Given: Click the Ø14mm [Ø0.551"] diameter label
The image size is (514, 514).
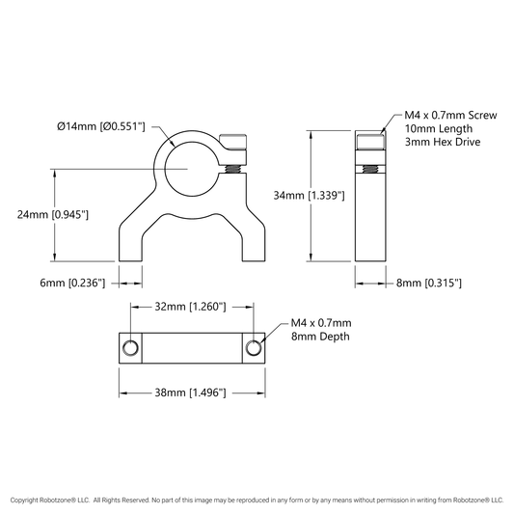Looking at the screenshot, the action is (x=101, y=126).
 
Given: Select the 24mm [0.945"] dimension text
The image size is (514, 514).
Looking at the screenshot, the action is (x=53, y=215).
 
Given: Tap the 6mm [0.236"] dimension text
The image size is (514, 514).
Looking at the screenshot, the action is (x=72, y=283).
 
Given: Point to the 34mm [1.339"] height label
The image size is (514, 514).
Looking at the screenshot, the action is (x=310, y=196).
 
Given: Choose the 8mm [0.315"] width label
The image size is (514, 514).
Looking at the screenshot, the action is (x=429, y=283).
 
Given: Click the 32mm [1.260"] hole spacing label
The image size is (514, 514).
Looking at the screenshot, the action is (x=190, y=307).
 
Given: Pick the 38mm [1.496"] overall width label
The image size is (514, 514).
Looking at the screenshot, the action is (x=190, y=392).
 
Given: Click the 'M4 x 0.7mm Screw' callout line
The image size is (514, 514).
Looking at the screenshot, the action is (x=450, y=115).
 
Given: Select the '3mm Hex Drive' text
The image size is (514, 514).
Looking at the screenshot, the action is (x=443, y=142).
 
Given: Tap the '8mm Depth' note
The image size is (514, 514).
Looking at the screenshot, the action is (x=320, y=337).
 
